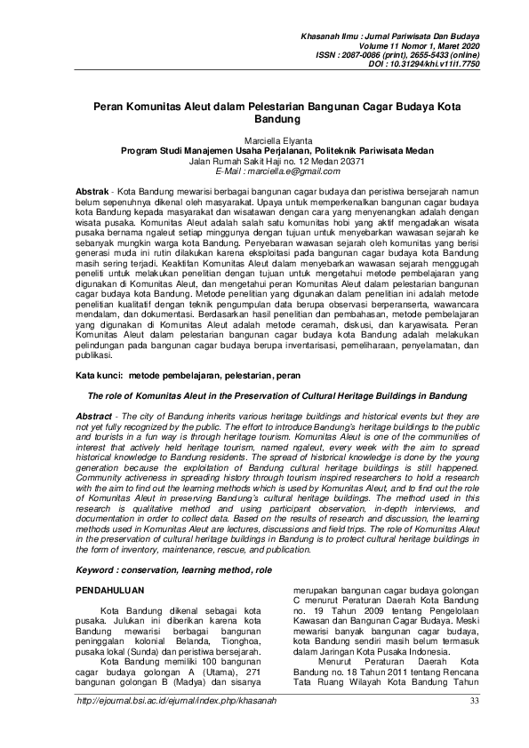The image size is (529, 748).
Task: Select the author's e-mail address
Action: click(267, 170)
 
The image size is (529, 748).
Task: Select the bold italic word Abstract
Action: click(94, 417)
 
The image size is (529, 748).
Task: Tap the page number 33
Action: click(475, 726)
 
